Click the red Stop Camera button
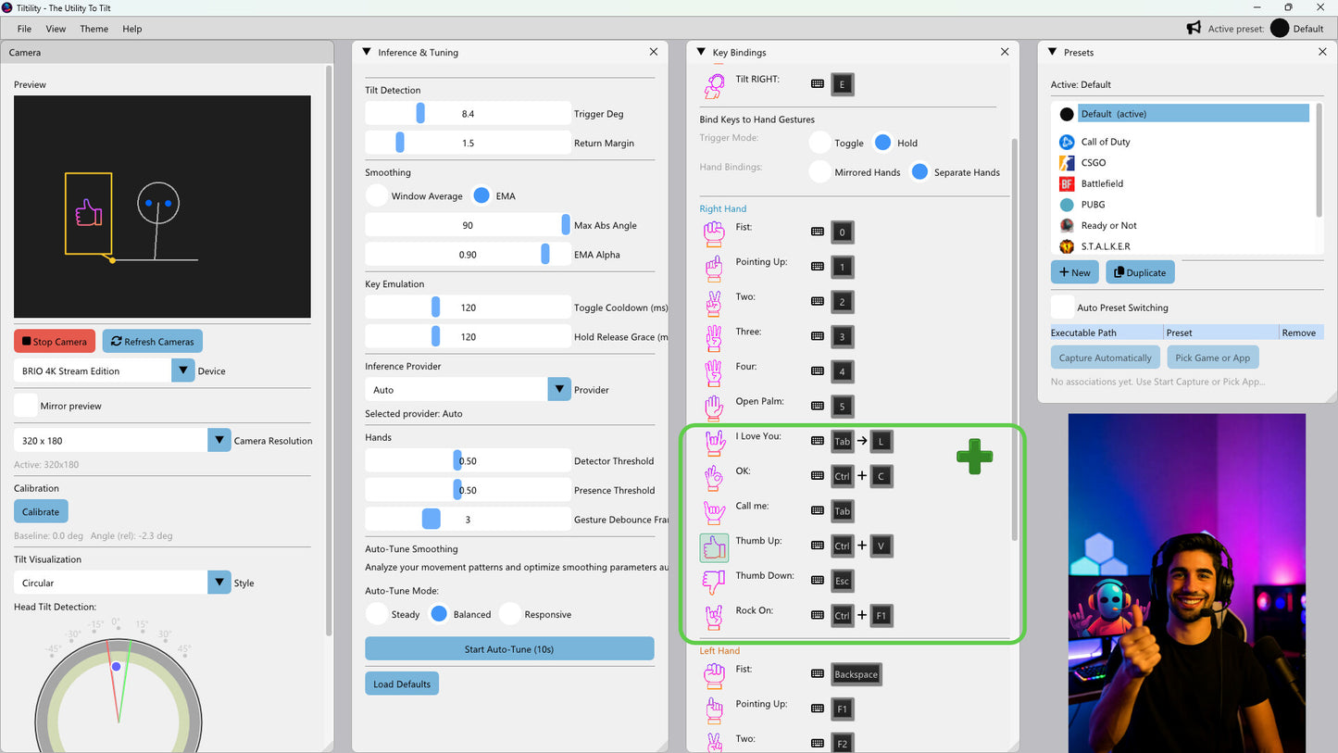(55, 341)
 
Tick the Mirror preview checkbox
(26, 406)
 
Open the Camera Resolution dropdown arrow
(219, 441)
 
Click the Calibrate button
(41, 511)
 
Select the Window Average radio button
(377, 196)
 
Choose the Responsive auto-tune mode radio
(510, 614)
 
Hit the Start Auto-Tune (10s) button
(509, 649)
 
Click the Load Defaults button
(402, 684)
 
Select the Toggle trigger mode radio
(820, 143)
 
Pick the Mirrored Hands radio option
(820, 172)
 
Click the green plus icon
(975, 458)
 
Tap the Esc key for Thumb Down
(843, 581)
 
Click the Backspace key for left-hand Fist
(856, 674)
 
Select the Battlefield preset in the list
(1102, 183)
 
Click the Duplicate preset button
(1140, 272)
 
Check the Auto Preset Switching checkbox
(1063, 307)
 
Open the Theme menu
(94, 29)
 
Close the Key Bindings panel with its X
(1005, 52)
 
